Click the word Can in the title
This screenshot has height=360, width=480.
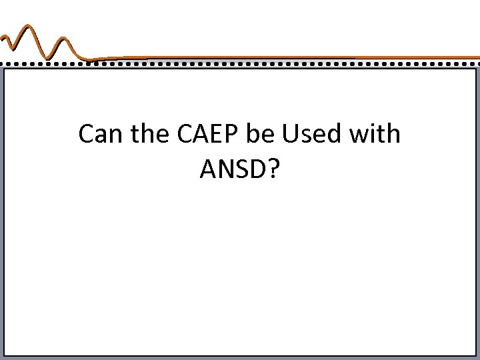pos(99,135)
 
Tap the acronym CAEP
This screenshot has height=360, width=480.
pos(209,135)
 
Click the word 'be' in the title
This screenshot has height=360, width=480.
pos(262,135)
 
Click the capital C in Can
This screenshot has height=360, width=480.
pos(86,135)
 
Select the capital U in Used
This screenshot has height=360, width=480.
pos(290,135)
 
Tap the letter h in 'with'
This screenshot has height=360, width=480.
pos(393,135)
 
